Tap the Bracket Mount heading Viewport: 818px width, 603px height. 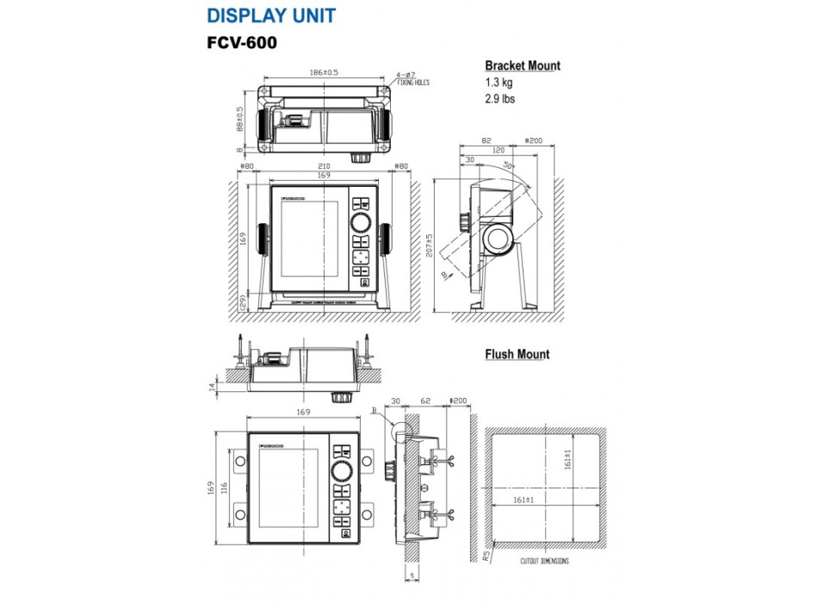(522, 65)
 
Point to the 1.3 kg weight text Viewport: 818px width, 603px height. (500, 83)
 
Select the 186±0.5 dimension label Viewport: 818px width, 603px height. (324, 73)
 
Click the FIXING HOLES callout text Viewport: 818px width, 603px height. (412, 84)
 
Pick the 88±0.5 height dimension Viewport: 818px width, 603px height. (239, 121)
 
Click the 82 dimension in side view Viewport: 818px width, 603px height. (486, 140)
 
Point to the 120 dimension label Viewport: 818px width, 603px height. (499, 150)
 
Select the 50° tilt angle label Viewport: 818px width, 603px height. (509, 165)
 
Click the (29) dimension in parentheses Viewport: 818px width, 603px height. (243, 301)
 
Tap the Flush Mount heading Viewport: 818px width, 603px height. (517, 354)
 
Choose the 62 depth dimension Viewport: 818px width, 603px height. (425, 401)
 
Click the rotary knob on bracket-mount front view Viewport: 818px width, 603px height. (360, 226)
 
